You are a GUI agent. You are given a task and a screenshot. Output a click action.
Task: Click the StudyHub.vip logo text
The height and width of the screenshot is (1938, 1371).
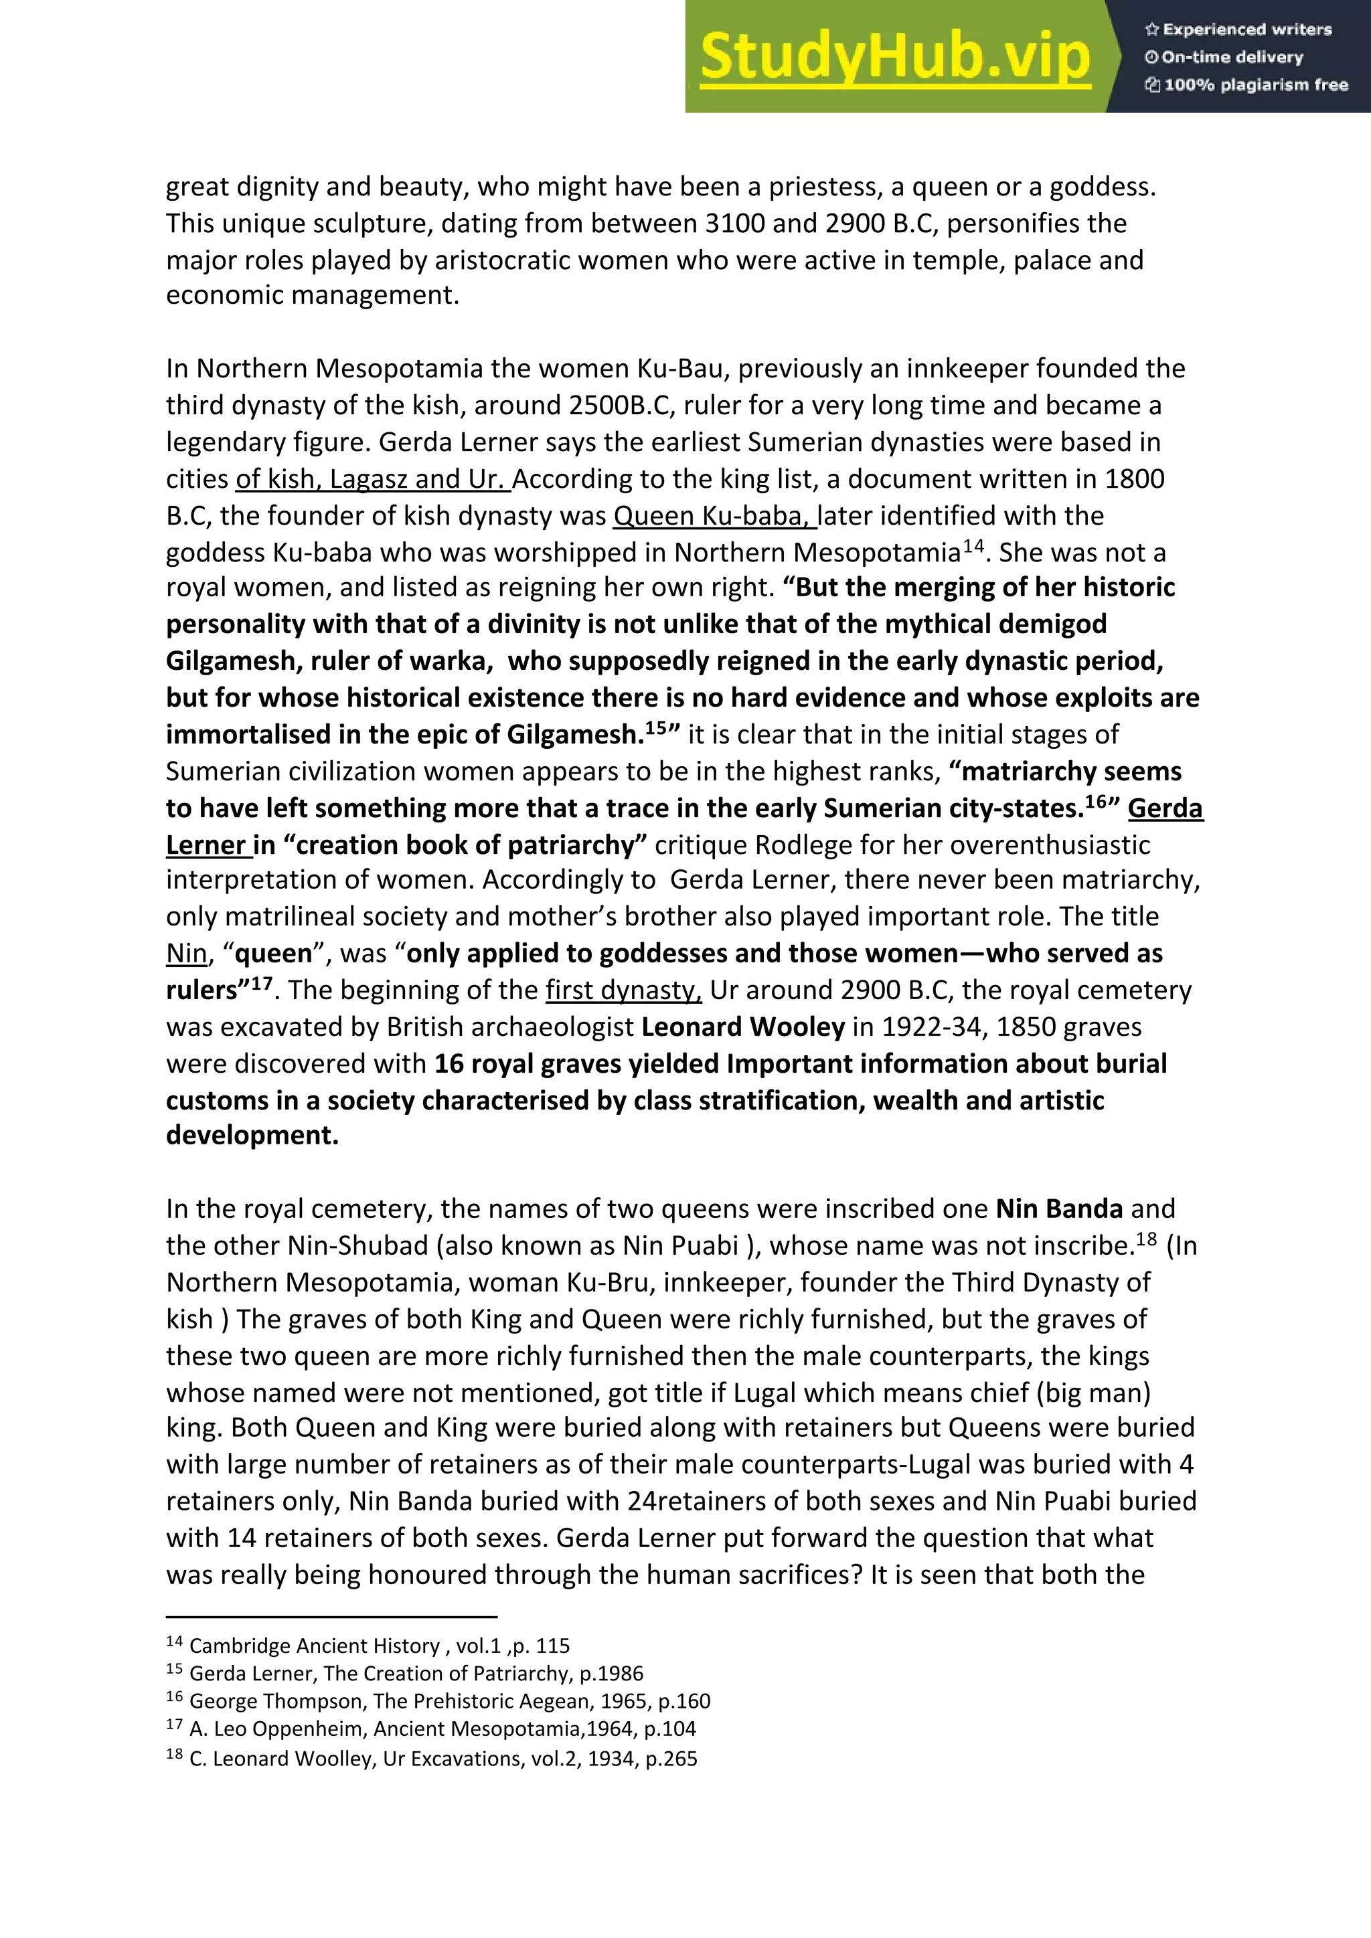(x=895, y=58)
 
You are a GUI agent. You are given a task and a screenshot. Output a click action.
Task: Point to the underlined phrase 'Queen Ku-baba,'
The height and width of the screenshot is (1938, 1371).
(x=714, y=516)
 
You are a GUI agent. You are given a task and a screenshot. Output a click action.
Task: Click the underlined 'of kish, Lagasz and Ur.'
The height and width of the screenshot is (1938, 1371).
(x=372, y=478)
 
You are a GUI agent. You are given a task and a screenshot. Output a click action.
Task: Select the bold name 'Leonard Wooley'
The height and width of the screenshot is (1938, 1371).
(x=743, y=1027)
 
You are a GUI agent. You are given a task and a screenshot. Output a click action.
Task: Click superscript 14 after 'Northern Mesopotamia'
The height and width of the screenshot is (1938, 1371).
(x=973, y=545)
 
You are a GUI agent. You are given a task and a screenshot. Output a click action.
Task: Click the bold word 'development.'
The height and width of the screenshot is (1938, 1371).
(x=252, y=1135)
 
